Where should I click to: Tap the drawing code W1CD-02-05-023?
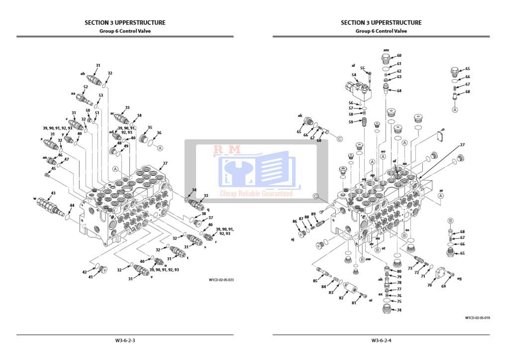click(221, 280)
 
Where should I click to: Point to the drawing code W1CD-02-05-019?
click(477, 318)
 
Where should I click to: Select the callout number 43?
click(53, 193)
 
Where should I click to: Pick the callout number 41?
click(91, 277)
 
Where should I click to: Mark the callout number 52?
click(86, 87)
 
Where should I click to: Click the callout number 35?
click(150, 127)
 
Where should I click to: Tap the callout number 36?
click(159, 133)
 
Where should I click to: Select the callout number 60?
click(399, 56)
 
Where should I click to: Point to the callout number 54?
click(354, 75)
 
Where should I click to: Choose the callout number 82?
click(341, 298)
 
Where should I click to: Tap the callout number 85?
click(315, 281)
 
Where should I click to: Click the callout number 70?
click(429, 285)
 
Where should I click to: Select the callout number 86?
click(295, 221)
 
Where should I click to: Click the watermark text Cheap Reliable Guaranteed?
click(256, 194)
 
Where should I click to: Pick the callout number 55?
click(362, 68)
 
